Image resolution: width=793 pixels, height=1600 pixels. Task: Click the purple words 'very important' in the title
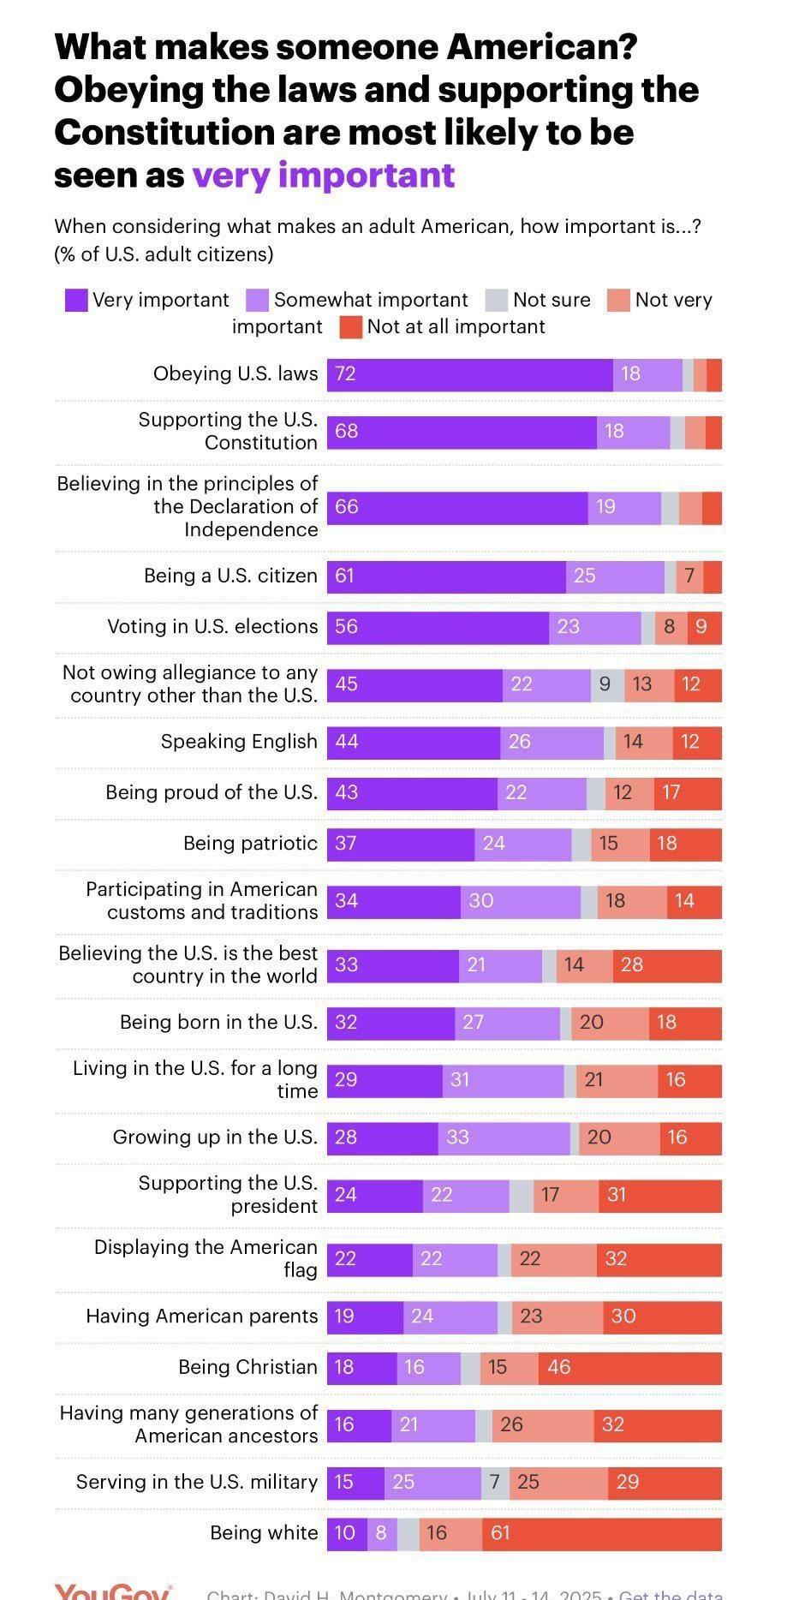coord(323,175)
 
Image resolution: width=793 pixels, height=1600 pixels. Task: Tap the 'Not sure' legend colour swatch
coord(497,300)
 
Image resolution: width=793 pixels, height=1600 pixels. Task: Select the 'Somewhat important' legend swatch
coord(258,300)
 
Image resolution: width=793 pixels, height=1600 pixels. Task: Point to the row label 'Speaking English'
coord(239,742)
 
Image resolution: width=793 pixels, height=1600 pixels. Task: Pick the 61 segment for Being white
coord(601,1532)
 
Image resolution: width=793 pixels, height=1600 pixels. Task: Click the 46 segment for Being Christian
coord(629,1367)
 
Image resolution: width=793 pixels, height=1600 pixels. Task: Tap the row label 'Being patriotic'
coord(250,844)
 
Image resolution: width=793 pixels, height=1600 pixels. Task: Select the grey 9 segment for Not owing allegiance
coord(606,684)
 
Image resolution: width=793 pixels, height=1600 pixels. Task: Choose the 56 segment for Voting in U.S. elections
coord(438,627)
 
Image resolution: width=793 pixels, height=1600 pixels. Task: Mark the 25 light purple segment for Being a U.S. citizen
coord(615,576)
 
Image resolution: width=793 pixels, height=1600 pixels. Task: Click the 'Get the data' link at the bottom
coord(671,1593)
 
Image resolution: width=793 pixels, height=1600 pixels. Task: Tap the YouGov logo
coord(112,1591)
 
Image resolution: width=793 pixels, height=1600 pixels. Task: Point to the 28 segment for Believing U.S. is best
coord(667,965)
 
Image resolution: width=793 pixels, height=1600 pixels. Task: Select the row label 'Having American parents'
coord(201,1316)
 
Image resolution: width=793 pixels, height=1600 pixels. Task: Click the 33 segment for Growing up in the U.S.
coord(504,1137)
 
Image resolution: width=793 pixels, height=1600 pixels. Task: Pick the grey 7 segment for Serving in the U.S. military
coord(495,1483)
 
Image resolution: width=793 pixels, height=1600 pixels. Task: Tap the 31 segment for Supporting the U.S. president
coord(659,1195)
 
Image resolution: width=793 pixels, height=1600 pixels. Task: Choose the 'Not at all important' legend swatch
coord(351,327)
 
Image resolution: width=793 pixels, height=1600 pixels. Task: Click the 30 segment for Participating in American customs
coord(520,901)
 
